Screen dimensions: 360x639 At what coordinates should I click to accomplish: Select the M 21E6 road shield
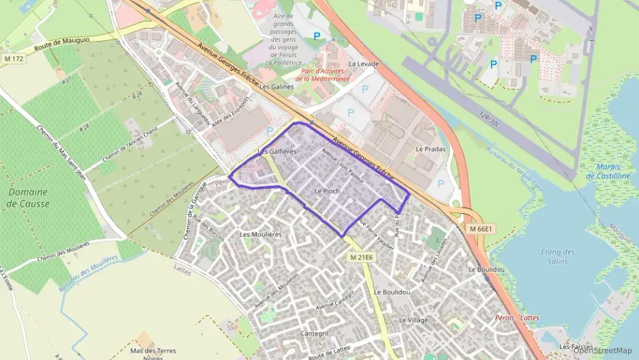click(x=361, y=257)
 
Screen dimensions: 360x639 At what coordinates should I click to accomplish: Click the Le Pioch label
click(x=326, y=191)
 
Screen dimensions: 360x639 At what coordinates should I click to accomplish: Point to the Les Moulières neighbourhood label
click(x=261, y=234)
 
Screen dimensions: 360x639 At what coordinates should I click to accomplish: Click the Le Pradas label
click(x=429, y=148)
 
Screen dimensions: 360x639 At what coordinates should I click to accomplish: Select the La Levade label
click(x=363, y=64)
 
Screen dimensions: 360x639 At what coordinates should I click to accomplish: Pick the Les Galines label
click(x=272, y=87)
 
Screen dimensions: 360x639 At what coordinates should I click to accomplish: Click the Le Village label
click(x=413, y=320)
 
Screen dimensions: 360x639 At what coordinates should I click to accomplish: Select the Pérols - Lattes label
click(x=517, y=318)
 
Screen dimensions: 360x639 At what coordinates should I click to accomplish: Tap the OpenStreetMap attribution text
click(x=603, y=350)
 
